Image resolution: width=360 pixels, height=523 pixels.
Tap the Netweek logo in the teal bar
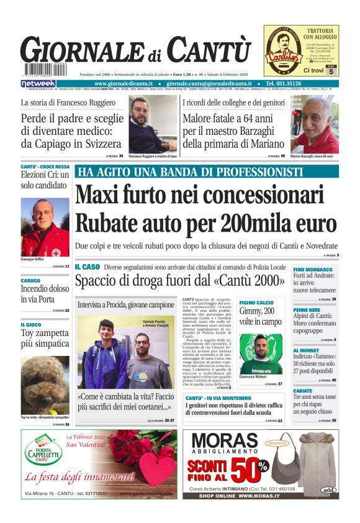(x=38, y=83)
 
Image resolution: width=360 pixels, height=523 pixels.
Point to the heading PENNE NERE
(x=307, y=309)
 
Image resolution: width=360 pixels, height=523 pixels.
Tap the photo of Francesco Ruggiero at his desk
(x=152, y=124)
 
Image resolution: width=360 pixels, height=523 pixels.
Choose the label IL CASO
(x=87, y=266)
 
